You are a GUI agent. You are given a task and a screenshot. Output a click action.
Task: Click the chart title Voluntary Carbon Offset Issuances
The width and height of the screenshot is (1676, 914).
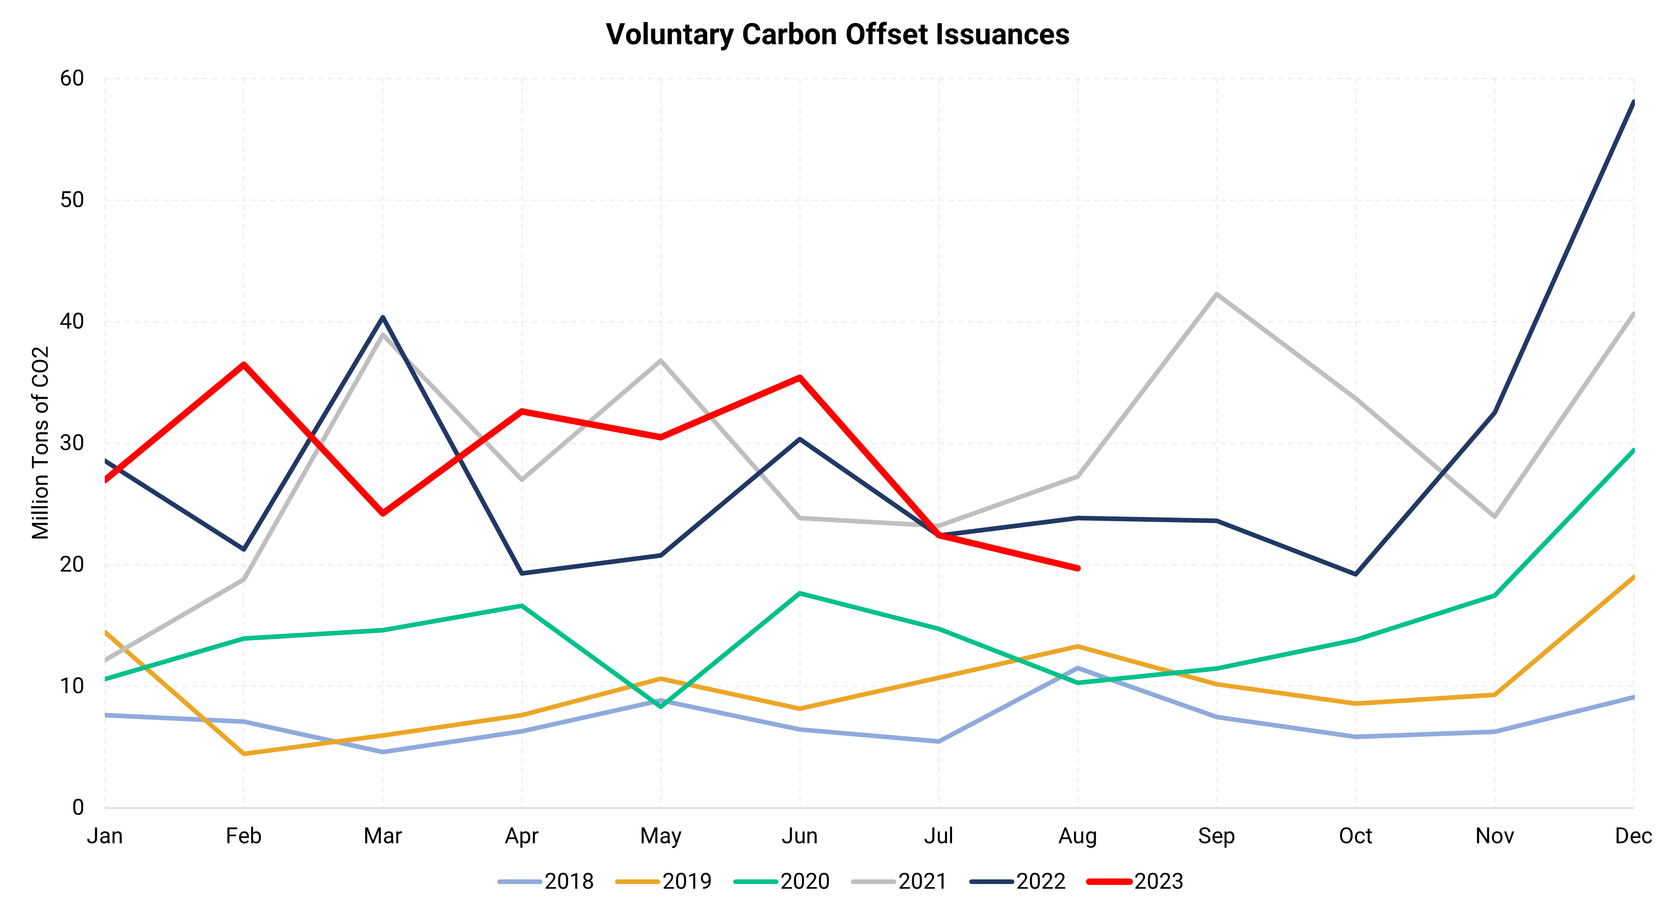pos(838,35)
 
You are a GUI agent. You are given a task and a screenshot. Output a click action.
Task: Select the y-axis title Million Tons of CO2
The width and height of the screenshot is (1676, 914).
pos(40,442)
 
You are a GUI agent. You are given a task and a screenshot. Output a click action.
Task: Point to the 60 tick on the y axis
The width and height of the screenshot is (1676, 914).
pos(72,79)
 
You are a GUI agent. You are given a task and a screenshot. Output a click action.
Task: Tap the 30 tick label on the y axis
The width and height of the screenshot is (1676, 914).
pos(72,443)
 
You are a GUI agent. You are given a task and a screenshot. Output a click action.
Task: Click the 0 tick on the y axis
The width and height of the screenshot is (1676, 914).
pos(78,807)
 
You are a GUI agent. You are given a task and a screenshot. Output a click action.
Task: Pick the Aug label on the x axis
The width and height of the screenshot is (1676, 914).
pos(1078,836)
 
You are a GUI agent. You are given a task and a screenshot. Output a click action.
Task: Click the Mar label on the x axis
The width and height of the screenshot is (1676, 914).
pos(383,836)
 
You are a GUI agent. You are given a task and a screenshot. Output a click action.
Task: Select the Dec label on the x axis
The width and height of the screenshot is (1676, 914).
pos(1633,836)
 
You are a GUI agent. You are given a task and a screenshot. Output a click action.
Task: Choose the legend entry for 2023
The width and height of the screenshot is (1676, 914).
pos(1135,882)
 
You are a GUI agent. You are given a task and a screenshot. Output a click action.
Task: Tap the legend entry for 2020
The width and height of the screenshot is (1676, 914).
pos(781,882)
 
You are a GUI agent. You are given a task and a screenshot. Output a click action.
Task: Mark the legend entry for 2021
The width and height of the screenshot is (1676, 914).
pos(899,882)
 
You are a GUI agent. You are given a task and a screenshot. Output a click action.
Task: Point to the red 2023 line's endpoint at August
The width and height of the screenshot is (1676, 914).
pos(1078,568)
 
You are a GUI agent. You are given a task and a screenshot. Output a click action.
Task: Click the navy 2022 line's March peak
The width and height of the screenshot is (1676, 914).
pos(383,318)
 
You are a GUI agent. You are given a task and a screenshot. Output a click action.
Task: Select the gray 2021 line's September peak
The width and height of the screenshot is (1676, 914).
pos(1217,294)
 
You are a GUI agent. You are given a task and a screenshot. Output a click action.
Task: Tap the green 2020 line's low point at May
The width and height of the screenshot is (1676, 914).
pos(661,706)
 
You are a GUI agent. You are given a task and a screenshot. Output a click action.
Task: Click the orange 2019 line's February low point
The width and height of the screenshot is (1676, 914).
pos(244,753)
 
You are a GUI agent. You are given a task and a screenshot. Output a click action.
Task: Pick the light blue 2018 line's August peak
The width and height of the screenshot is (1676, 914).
pos(1078,668)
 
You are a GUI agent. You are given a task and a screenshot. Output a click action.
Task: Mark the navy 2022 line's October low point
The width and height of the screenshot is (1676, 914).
pos(1355,574)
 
